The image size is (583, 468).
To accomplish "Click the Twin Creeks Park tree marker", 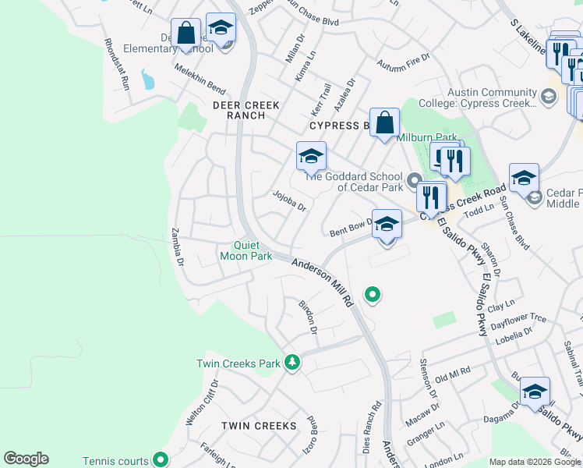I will click(x=292, y=362).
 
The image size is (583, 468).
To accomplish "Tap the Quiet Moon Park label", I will click(x=246, y=250).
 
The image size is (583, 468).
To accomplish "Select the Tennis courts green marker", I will click(x=160, y=459).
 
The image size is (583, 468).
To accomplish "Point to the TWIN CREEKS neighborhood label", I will click(x=260, y=426).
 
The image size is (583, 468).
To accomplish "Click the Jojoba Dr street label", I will click(x=289, y=200).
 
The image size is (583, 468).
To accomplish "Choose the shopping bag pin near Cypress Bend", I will click(x=385, y=123).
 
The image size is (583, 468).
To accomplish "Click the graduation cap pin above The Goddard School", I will click(x=311, y=157).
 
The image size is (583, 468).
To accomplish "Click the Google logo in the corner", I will click(x=26, y=459).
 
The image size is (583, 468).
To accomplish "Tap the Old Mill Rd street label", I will click(x=453, y=375).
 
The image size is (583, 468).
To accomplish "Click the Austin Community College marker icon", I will click(x=548, y=97).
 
